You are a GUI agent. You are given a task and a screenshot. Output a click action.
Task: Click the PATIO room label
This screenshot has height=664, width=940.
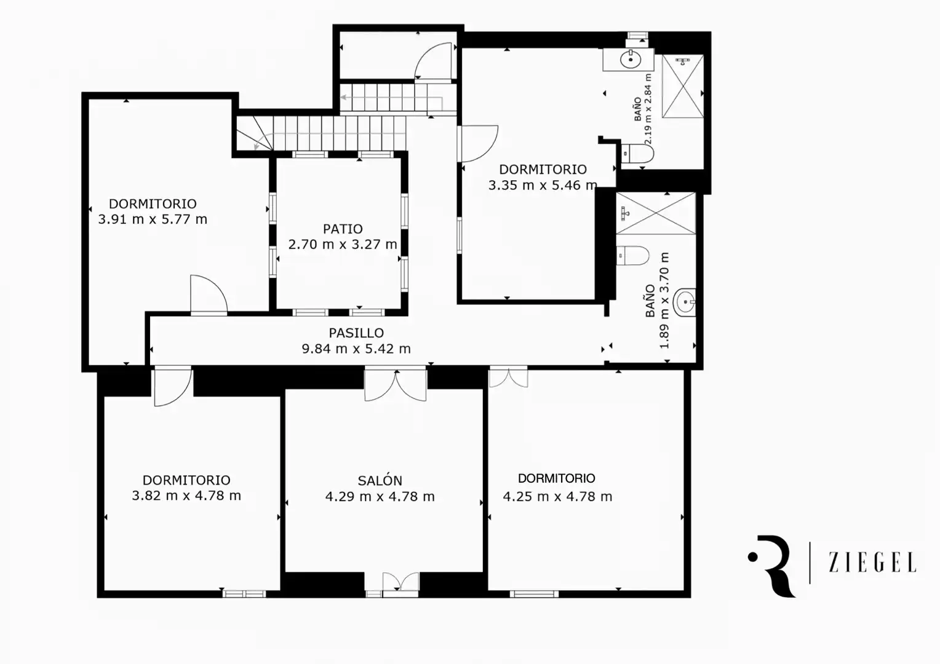point(343,229)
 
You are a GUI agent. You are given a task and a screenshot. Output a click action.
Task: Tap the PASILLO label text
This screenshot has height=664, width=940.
point(356,333)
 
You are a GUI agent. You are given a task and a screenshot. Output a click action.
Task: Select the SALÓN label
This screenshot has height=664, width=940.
point(380,480)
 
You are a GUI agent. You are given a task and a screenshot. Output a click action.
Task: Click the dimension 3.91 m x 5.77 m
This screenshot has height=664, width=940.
point(153,219)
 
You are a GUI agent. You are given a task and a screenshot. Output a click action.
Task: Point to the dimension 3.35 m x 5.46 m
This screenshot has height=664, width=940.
point(543,185)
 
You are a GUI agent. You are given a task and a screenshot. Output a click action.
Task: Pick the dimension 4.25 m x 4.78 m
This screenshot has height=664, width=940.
point(558,497)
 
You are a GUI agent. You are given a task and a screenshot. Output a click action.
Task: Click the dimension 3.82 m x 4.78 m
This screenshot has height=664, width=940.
point(186,496)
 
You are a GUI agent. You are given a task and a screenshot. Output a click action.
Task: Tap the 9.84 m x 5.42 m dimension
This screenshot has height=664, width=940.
point(356,349)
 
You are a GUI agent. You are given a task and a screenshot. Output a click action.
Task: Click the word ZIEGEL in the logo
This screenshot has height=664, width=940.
point(872,563)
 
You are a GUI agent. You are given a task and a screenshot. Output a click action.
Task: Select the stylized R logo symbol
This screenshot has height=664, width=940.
point(772,566)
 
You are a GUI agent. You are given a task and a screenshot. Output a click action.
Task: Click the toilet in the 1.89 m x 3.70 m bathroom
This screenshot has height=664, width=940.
point(633,256)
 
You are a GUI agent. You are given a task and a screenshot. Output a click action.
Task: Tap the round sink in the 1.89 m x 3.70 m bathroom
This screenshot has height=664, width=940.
point(684,302)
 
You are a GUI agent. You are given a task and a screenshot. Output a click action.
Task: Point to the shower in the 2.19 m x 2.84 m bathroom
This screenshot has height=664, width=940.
point(683,86)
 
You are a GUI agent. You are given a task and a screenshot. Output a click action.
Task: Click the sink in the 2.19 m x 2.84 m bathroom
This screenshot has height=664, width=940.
point(631,60)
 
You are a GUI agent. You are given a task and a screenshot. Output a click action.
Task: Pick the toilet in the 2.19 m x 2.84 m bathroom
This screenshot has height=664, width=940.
point(637,154)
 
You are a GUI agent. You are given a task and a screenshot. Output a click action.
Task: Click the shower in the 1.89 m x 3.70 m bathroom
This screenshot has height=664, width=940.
point(656,213)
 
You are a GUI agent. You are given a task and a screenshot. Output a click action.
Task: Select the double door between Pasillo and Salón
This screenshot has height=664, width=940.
point(396,384)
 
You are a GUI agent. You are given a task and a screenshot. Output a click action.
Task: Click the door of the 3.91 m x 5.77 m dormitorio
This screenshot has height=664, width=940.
point(209,294)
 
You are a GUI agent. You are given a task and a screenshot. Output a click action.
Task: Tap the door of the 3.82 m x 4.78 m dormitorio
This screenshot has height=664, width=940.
point(173,386)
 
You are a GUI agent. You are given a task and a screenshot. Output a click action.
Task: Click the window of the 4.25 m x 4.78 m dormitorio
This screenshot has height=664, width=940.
point(534,594)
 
